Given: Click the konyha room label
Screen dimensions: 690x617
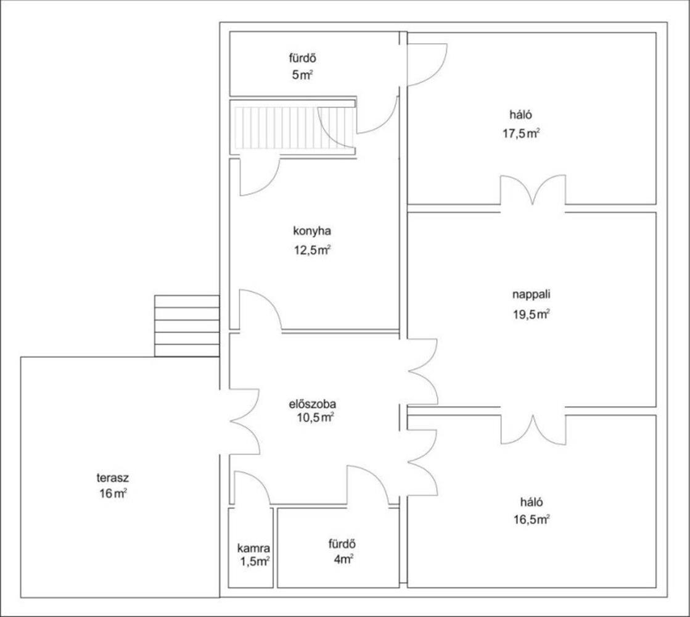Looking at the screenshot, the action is [312, 231].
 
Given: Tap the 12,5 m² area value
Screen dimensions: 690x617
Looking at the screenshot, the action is [313, 250].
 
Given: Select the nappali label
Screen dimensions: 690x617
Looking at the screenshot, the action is [531, 295].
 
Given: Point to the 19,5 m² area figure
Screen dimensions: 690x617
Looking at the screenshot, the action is [531, 314].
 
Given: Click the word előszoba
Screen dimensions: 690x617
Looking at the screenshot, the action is [313, 404].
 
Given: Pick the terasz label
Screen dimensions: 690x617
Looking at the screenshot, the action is [113, 478].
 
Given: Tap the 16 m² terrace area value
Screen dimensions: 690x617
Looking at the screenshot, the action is [113, 493].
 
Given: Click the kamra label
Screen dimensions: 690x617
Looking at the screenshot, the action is [253, 549].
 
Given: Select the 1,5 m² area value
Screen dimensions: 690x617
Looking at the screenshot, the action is [255, 561].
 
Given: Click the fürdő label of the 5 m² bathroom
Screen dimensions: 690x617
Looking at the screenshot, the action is [302, 58].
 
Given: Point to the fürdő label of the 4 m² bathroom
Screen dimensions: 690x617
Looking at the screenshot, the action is [342, 544].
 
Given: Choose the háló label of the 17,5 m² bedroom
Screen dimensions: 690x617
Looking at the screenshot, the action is [520, 115].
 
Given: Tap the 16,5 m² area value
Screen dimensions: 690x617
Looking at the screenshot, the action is [532, 520].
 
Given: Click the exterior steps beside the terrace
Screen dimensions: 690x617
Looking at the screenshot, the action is [187, 326].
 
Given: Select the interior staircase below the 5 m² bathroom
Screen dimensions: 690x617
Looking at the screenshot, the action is [294, 128].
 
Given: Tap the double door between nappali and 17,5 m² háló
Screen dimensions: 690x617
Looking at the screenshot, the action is [533, 189].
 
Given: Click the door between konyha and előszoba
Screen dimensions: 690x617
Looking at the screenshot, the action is [260, 309].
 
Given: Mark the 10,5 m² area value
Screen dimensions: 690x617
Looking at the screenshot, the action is [315, 417].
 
